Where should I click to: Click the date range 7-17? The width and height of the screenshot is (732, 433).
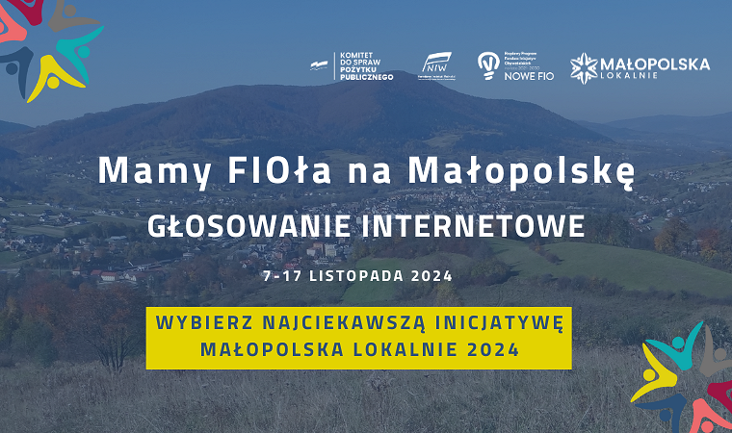tap(282, 275)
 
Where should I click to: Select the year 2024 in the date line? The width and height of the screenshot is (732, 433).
tap(431, 275)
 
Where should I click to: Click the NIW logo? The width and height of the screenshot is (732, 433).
tap(436, 66)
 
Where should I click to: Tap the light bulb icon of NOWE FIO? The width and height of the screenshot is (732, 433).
tap(488, 64)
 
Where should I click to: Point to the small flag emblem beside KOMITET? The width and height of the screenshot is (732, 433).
tap(319, 65)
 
